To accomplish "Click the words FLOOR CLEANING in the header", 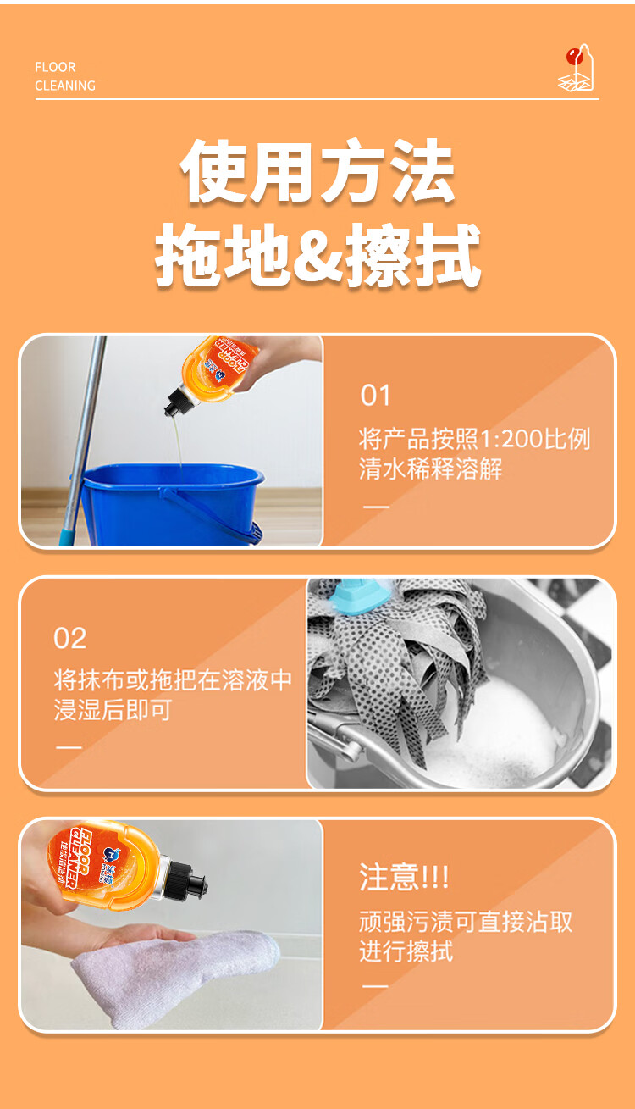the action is pos(65,76).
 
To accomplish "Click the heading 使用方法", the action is pos(317,171).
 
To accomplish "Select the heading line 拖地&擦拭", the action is pos(317,254).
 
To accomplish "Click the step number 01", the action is pos(375,396).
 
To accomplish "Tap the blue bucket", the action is pos(171,504).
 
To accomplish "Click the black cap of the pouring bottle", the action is pos(177,400).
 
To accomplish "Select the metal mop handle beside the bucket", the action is pos(84,440).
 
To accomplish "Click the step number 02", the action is pos(69,638).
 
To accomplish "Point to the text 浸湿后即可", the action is pos(113,709).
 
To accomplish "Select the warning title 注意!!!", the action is pos(404,877).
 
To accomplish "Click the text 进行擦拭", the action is pos(406,951).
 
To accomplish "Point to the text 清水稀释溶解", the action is pos(431,469).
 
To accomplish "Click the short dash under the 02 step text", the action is pos(69,747).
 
